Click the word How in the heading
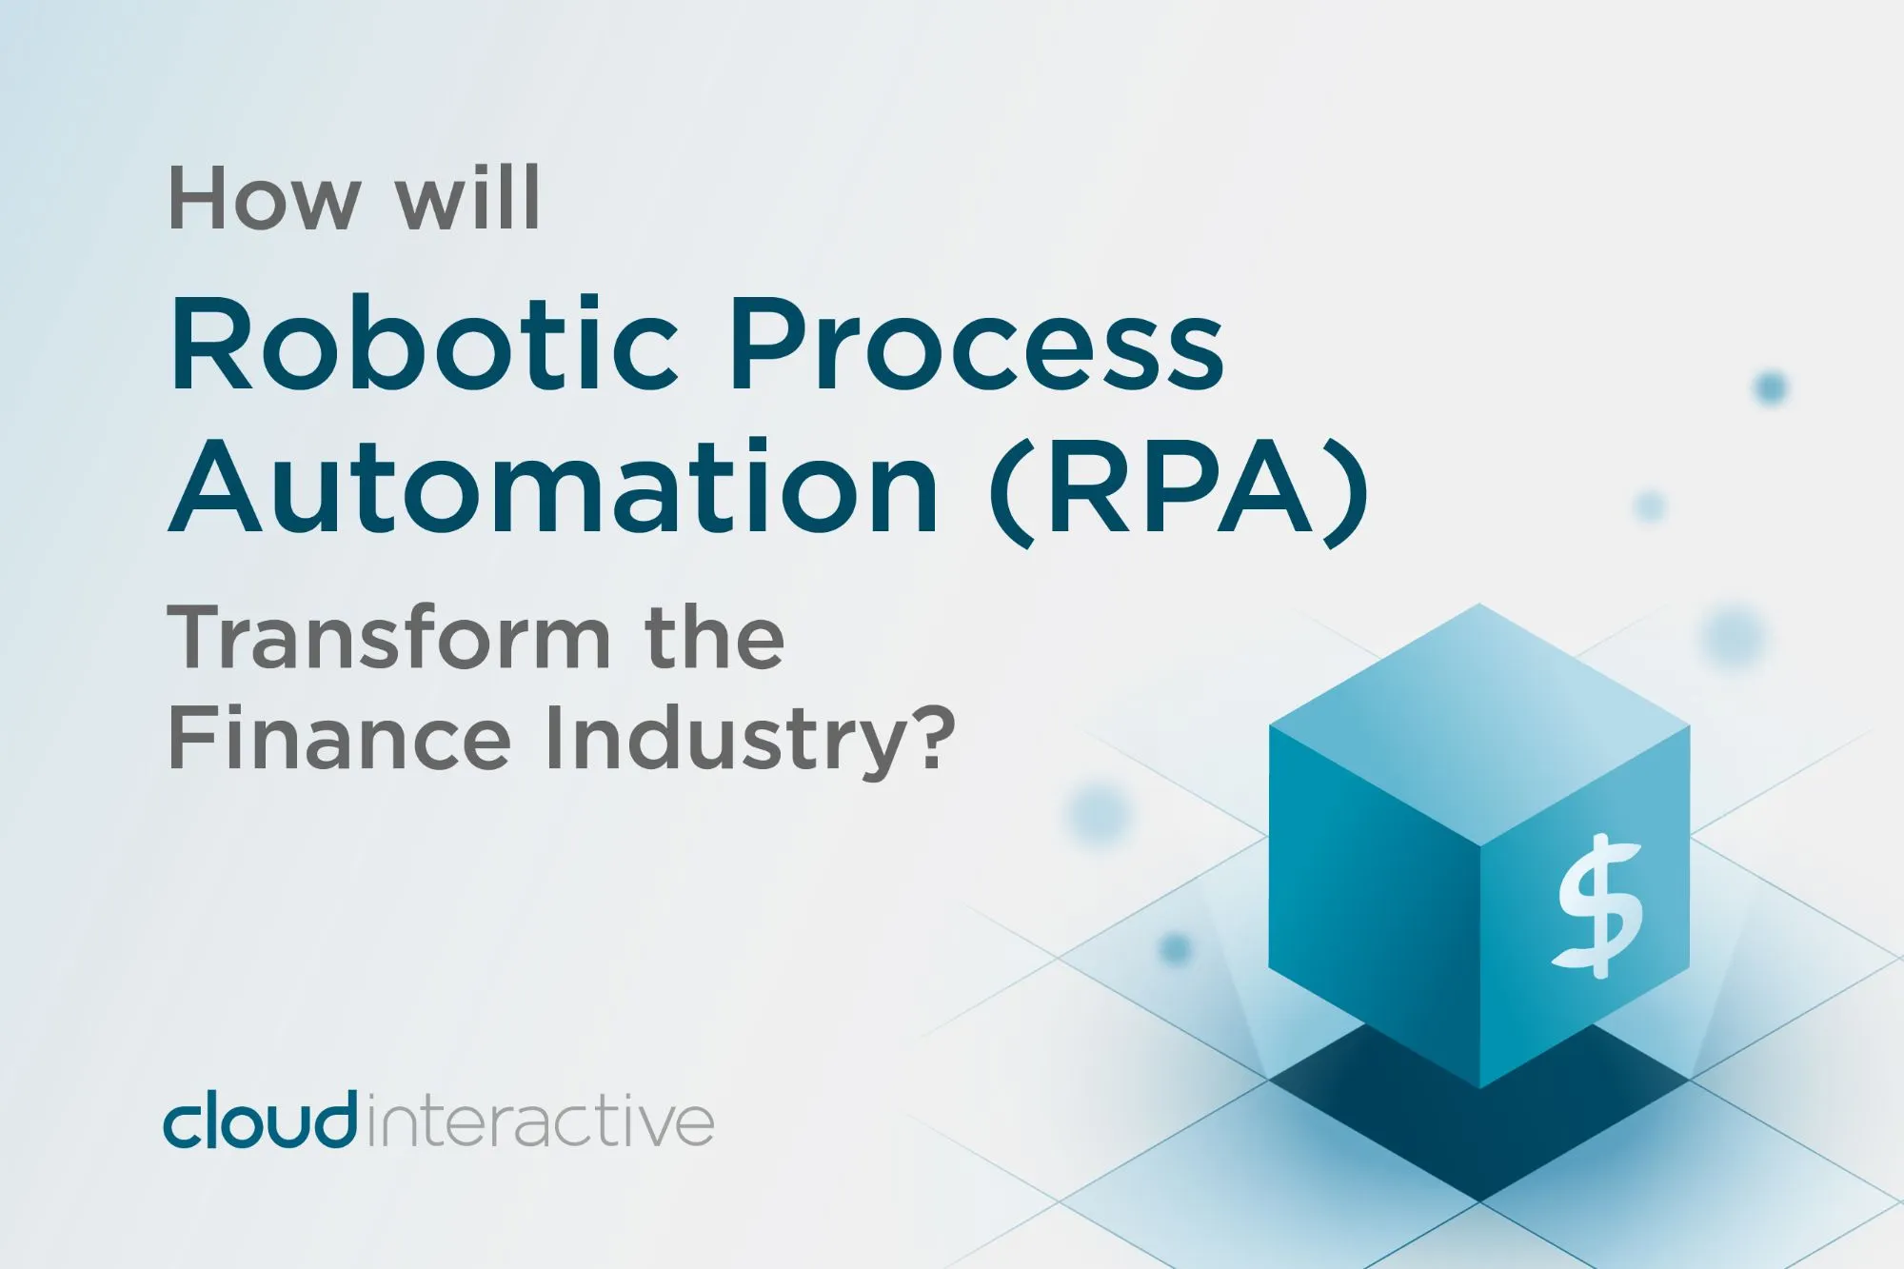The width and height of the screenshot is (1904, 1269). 265,198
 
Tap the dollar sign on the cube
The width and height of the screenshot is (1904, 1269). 1599,905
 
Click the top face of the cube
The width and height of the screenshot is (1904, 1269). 1479,724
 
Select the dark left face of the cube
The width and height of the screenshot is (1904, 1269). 1375,904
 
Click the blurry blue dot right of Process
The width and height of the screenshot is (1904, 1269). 1771,387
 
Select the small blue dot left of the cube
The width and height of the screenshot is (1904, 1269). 1176,948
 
